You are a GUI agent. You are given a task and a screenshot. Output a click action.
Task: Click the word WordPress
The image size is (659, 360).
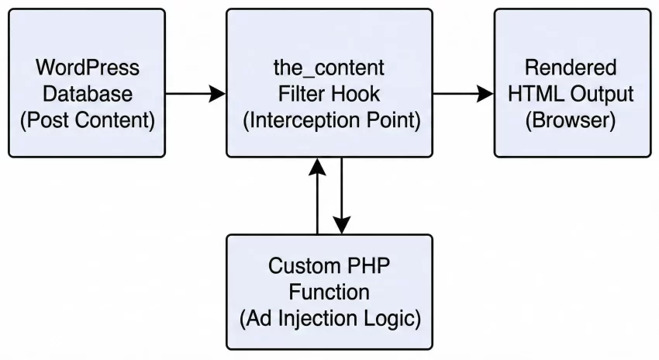click(87, 67)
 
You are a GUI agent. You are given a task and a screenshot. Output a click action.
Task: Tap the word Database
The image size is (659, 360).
click(87, 95)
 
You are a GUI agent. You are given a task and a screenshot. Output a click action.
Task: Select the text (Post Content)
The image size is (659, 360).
click(87, 122)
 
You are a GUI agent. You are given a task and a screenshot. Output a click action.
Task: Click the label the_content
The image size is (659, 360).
click(329, 67)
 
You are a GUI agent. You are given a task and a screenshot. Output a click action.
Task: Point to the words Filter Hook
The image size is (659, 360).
click(329, 95)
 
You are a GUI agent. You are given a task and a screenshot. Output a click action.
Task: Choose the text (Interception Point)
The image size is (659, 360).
click(329, 122)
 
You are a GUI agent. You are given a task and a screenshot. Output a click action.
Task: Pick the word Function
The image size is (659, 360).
click(329, 292)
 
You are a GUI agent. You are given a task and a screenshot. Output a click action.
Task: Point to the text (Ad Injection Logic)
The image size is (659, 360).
click(329, 319)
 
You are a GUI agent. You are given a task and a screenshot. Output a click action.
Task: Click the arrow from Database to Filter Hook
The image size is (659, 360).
click(195, 94)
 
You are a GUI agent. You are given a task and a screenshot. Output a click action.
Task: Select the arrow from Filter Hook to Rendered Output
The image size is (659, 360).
click(463, 94)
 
